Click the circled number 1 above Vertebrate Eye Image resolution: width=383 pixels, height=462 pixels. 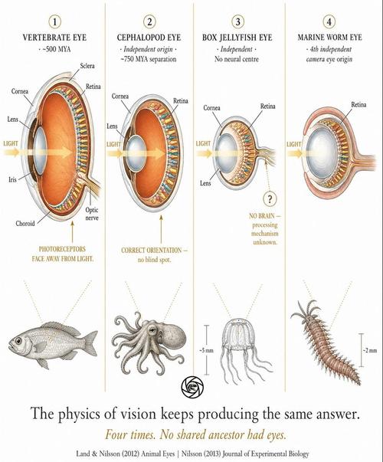[55, 21]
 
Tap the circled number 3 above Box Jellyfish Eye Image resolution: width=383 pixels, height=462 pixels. [237, 21]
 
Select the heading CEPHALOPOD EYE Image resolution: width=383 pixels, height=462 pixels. [149, 38]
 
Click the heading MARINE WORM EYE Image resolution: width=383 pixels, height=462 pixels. [329, 38]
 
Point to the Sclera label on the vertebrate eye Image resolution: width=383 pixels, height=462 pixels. [87, 66]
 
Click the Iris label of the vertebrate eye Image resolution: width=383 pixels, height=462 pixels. [12, 179]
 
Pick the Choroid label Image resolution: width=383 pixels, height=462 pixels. [25, 224]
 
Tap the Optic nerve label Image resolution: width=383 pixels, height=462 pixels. [92, 214]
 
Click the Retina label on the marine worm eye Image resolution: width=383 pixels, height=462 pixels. [358, 105]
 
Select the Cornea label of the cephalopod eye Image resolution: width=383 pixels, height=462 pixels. [120, 96]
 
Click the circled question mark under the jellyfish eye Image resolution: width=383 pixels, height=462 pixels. [270, 199]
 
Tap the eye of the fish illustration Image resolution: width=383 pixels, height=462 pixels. [18, 341]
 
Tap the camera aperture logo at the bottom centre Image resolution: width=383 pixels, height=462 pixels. [193, 387]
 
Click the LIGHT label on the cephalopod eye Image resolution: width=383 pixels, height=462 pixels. [113, 144]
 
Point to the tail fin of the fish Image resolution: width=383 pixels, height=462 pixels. [90, 342]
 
